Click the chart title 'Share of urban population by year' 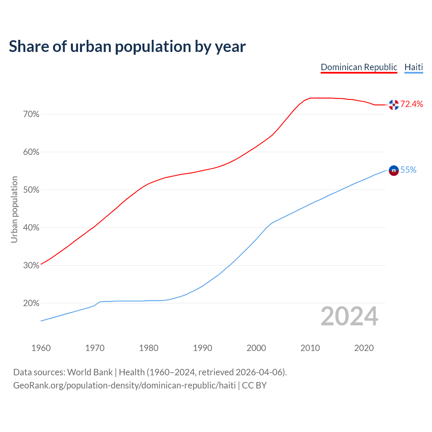pos(127,47)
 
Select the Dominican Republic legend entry pos(359,67)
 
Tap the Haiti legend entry pos(413,67)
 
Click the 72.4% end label pos(411,104)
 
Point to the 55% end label pos(408,170)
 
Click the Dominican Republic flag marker pos(394,105)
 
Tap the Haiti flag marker pos(394,170)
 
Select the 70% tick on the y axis pos(31,114)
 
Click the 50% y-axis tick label pos(31,190)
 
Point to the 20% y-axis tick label pos(31,303)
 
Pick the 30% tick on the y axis pos(31,266)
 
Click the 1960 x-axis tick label pos(41,348)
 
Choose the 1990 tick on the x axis pos(202,348)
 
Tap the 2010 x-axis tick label pos(310,348)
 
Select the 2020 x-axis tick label pos(364,348)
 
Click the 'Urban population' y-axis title pos(14,209)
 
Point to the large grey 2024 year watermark pos(349,317)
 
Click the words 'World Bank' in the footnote pos(90,372)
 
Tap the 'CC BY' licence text pos(254,385)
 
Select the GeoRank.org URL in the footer pos(124,385)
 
